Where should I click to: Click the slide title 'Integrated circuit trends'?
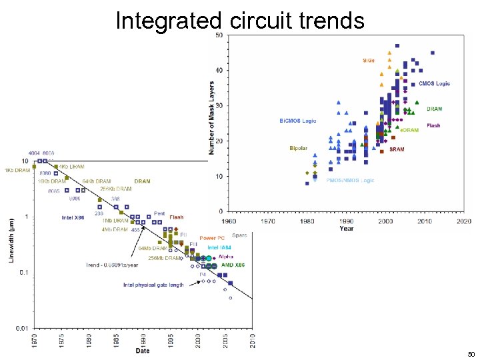pyautogui.click(x=240, y=21)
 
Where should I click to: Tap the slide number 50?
pyautogui.click(x=471, y=354)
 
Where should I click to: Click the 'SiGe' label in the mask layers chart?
pyautogui.click(x=368, y=61)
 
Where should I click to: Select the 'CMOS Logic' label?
pyautogui.click(x=435, y=84)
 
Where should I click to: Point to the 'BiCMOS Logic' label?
pyautogui.click(x=297, y=121)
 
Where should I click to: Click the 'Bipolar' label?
pyautogui.click(x=298, y=147)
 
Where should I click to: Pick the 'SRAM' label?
pyautogui.click(x=397, y=149)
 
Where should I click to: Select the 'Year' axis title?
pyautogui.click(x=347, y=228)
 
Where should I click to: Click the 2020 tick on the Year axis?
pyautogui.click(x=465, y=221)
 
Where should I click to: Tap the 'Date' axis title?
pyautogui.click(x=143, y=351)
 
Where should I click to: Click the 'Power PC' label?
pyautogui.click(x=212, y=237)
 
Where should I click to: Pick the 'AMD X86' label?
pyautogui.click(x=233, y=265)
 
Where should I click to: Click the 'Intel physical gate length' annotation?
pyautogui.click(x=153, y=285)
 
